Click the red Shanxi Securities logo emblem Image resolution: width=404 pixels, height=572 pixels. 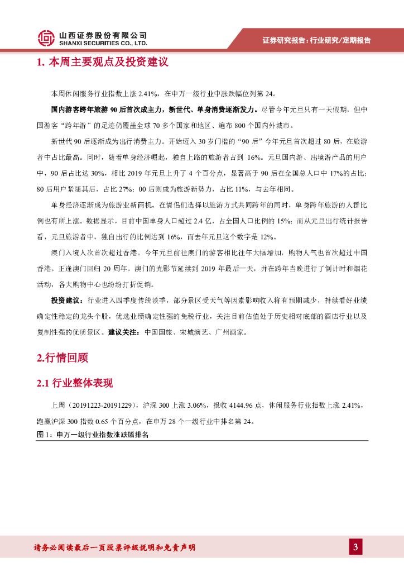coord(46,38)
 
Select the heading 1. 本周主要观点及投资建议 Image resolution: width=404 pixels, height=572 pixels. coord(102,62)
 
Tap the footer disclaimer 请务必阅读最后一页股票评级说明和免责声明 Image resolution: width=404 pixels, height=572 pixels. coord(114,547)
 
